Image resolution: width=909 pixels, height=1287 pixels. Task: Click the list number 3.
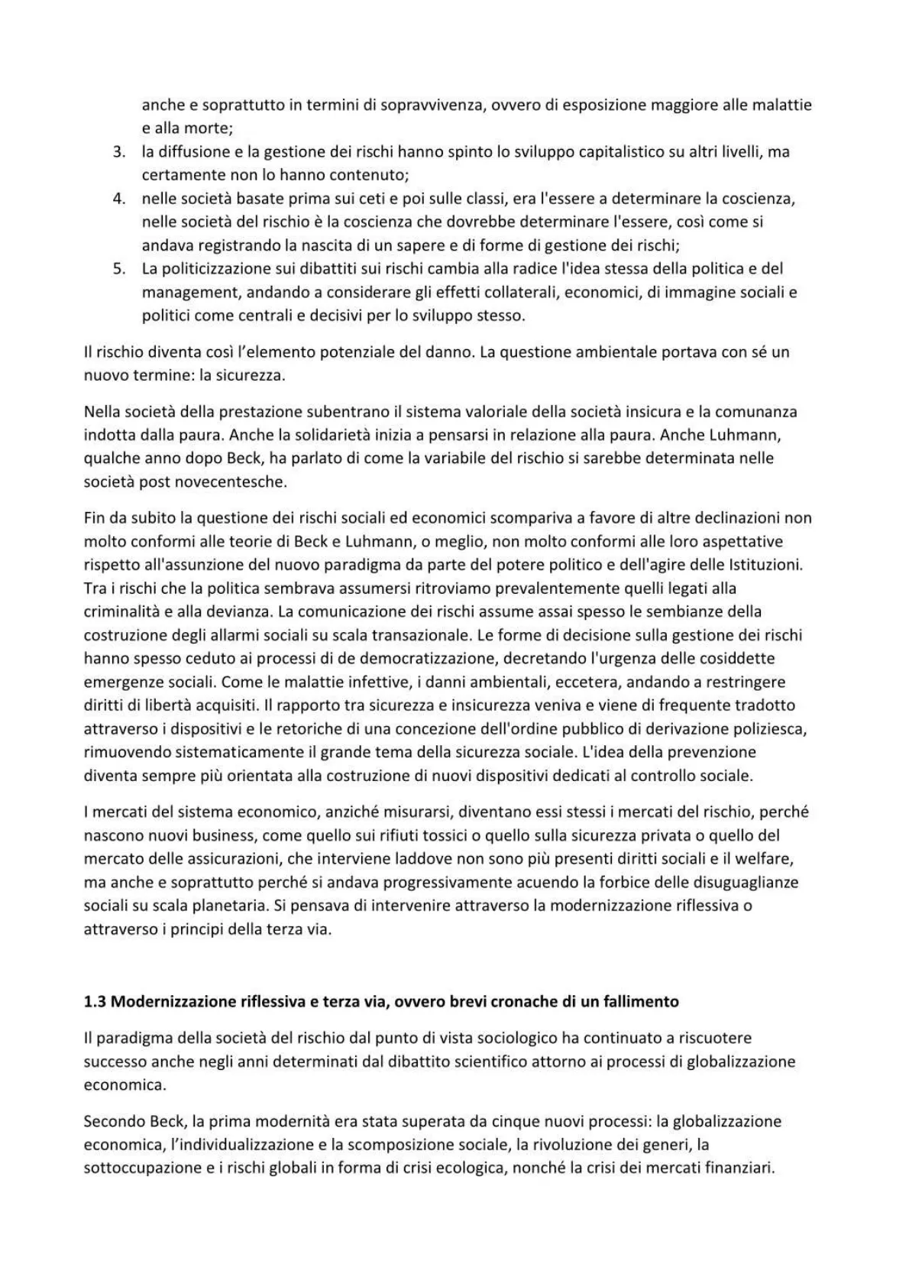118,152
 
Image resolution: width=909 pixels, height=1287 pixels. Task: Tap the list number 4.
118,199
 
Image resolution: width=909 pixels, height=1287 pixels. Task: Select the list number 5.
118,269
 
